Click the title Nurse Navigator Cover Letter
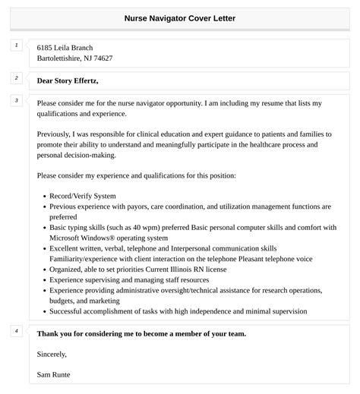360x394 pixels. coord(180,17)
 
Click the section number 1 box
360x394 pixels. coord(17,46)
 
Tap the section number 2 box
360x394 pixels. coord(17,77)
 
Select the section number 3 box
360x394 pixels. coord(17,100)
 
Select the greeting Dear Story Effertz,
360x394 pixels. coord(68,80)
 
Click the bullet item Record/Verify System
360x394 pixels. coord(83,195)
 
